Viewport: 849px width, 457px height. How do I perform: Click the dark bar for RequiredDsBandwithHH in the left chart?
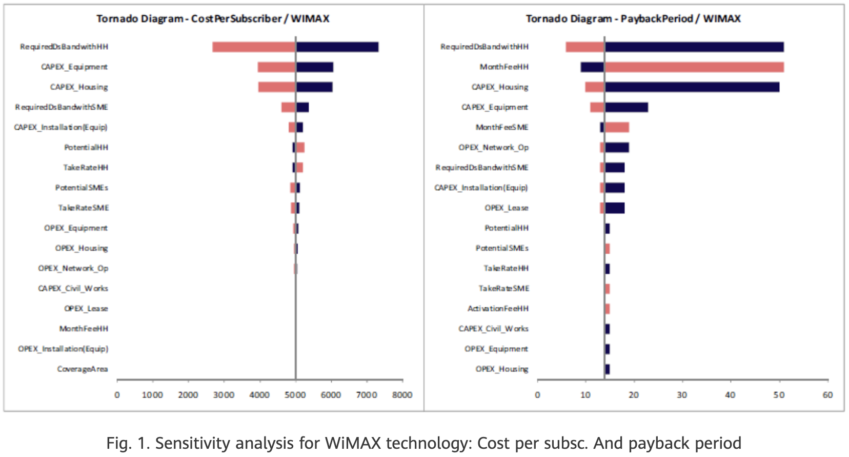337,47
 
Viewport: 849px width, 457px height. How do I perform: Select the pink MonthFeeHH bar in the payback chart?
694,67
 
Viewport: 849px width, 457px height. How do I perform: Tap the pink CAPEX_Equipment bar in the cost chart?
276,67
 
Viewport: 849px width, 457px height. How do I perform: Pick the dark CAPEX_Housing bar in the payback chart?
692,87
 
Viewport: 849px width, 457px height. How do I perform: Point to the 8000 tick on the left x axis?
402,395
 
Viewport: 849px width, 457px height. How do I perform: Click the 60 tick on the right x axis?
827,395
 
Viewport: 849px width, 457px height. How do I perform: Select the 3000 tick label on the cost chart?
224,395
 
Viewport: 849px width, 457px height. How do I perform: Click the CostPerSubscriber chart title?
213,19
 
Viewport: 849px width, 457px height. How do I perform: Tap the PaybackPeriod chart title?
633,19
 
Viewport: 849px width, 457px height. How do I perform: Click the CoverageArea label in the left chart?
83,369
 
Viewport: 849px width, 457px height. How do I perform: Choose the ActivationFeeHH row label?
498,308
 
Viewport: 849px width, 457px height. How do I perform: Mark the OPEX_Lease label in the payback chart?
507,208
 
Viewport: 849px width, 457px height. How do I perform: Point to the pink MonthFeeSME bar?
617,128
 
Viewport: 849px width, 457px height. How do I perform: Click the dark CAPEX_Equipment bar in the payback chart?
626,107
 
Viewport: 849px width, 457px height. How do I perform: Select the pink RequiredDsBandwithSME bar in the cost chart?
288,107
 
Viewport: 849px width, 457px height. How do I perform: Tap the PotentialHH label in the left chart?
86,148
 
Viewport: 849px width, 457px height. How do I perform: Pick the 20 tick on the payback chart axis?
634,395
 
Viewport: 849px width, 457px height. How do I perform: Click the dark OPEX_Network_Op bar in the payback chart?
617,148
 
